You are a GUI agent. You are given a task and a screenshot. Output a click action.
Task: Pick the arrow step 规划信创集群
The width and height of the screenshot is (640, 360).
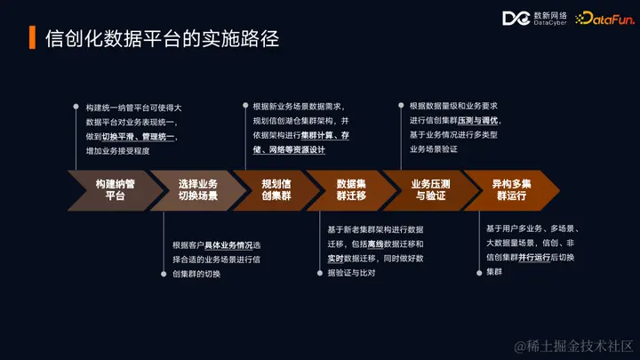272,188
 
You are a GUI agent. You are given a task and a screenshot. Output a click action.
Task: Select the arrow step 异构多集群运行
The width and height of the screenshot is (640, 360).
513,188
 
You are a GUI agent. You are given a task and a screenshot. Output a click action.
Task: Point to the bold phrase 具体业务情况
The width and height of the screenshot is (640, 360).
229,245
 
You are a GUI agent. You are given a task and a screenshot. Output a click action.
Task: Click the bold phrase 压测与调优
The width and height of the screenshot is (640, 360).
479,121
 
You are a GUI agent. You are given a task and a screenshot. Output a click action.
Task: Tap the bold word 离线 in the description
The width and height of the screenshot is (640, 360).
377,244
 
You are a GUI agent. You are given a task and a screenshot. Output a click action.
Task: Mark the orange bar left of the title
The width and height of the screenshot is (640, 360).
33,40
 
